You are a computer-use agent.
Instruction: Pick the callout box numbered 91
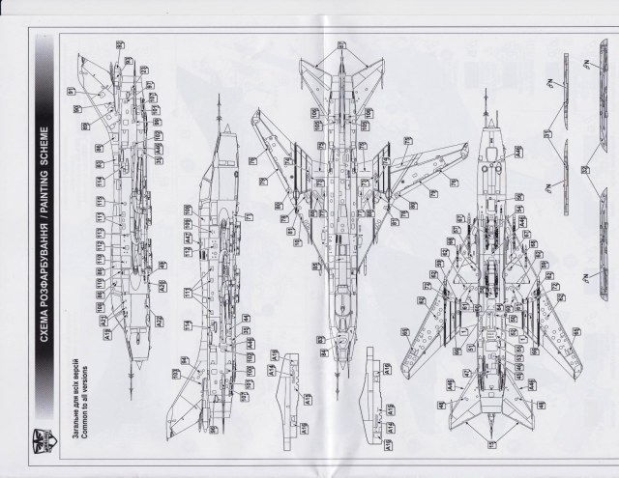point(71,92)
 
